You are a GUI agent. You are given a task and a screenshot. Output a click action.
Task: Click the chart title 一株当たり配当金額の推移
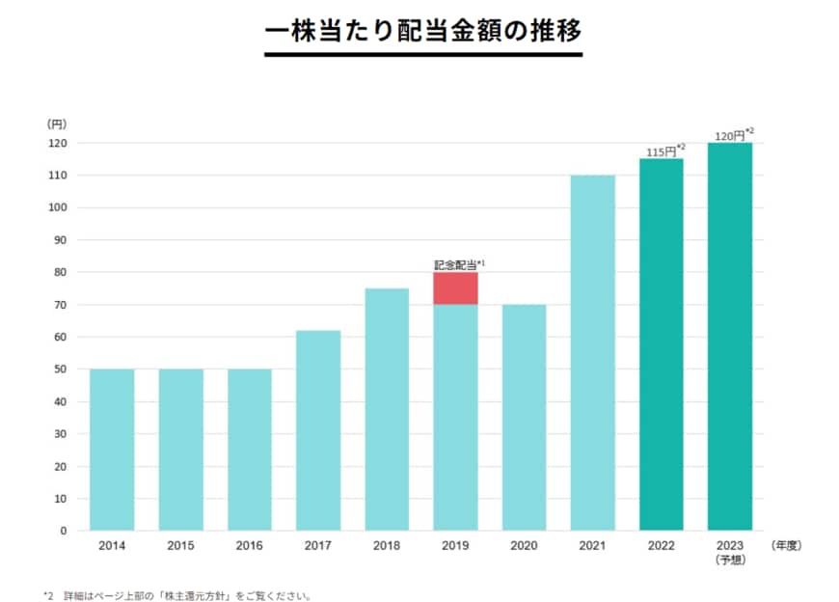click(x=422, y=30)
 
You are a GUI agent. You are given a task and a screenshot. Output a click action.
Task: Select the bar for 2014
click(x=112, y=449)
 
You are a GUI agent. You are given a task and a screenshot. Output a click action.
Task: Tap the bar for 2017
click(x=318, y=429)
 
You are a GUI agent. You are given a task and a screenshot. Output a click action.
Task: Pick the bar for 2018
click(x=387, y=409)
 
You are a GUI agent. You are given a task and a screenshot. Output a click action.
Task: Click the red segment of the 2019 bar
click(x=455, y=288)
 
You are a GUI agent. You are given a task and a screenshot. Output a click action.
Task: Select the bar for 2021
click(x=592, y=352)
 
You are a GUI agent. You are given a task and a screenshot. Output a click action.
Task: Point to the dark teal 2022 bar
click(x=662, y=344)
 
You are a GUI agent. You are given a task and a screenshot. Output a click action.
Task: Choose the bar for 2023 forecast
click(x=730, y=336)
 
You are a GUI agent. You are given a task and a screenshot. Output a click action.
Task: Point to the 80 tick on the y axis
click(x=60, y=272)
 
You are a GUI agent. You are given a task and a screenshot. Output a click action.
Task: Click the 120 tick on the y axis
click(x=57, y=143)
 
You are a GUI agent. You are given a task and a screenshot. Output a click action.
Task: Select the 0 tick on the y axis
click(x=64, y=531)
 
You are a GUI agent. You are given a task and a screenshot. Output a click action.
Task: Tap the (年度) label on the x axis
click(x=787, y=545)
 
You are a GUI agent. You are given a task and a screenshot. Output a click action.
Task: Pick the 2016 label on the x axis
click(x=249, y=545)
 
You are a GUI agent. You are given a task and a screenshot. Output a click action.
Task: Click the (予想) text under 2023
click(x=730, y=559)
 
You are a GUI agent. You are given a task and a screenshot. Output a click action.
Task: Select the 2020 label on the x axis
click(x=524, y=545)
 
